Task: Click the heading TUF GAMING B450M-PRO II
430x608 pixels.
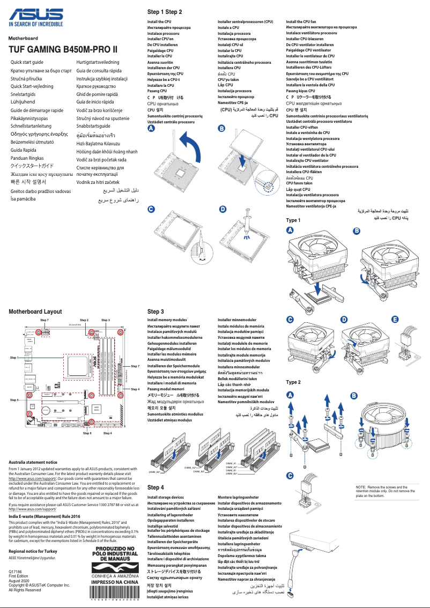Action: pyautogui.click(x=63, y=49)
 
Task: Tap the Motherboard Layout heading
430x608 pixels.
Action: pyautogui.click(x=35, y=311)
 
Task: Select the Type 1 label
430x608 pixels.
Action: pyautogui.click(x=293, y=220)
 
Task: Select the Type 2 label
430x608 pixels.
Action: pyautogui.click(x=293, y=382)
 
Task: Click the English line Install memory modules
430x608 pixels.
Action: pyautogui.click(x=167, y=320)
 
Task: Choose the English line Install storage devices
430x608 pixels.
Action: pyautogui.click(x=166, y=498)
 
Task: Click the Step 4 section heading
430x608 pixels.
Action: pyautogui.click(x=155, y=487)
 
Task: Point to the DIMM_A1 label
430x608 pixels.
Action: pyautogui.click(x=232, y=463)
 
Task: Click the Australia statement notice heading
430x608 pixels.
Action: pyautogui.click(x=33, y=462)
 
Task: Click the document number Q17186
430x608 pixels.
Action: pyautogui.click(x=16, y=573)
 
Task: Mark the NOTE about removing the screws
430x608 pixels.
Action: pyautogui.click(x=385, y=491)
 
